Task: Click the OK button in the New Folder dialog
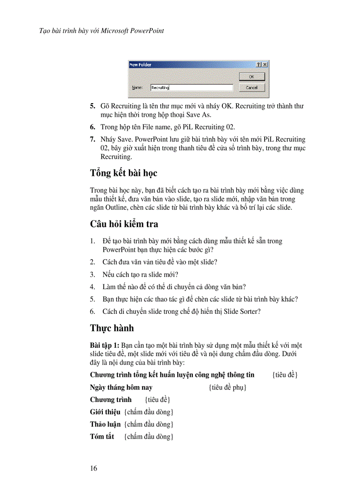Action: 251,77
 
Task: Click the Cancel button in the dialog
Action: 251,87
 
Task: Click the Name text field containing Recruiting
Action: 191,87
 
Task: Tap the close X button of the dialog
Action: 265,65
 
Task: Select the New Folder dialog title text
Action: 140,65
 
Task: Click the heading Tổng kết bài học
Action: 124,173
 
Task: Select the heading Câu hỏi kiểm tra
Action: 124,224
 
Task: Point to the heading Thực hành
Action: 112,328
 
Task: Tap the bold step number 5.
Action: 93,106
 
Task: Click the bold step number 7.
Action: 93,139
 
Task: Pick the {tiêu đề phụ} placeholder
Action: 227,387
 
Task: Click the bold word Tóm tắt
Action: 102,436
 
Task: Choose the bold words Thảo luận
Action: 105,424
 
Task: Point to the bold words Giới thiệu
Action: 105,412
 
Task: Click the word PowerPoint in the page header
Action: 147,31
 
